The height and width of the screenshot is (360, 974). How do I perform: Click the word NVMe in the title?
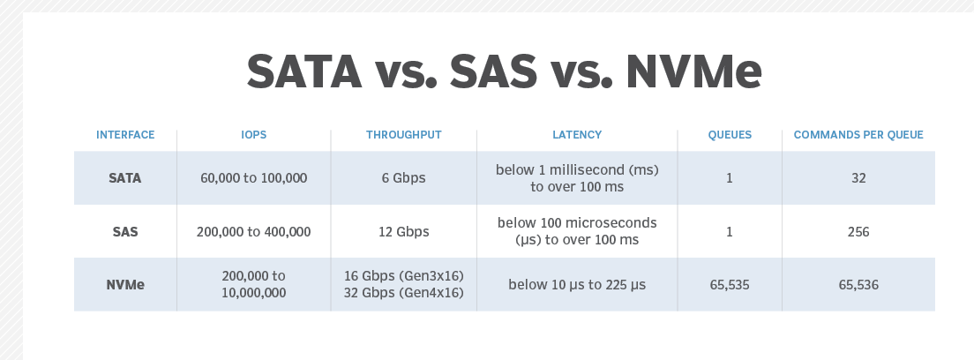click(x=693, y=71)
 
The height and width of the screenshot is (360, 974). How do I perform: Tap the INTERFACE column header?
click(x=125, y=135)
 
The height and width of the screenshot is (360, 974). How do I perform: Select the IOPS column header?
click(x=253, y=135)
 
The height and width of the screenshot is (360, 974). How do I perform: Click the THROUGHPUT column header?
click(x=404, y=135)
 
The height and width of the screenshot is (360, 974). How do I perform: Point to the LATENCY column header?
click(x=577, y=135)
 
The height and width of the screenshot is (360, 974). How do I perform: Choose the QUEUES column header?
click(x=730, y=135)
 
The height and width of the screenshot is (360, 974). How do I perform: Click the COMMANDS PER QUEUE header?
click(x=858, y=135)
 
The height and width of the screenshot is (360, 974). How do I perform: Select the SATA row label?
click(x=125, y=178)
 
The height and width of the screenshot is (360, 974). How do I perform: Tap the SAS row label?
click(x=125, y=232)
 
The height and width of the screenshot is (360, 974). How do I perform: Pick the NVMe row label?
click(x=125, y=285)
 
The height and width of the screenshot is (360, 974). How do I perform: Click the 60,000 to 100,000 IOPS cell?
click(x=253, y=178)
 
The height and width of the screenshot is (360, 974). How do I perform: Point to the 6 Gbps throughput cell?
click(x=404, y=178)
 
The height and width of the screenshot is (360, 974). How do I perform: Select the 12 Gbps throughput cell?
click(x=404, y=232)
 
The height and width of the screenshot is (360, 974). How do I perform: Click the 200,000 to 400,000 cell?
click(x=253, y=232)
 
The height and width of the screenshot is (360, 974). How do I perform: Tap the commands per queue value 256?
click(x=858, y=232)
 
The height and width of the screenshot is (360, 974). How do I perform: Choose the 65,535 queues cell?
click(x=730, y=285)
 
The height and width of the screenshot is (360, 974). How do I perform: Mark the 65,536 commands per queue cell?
click(x=858, y=285)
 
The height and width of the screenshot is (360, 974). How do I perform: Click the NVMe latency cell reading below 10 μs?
click(x=577, y=285)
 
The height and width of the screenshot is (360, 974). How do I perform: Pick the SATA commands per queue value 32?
click(x=858, y=178)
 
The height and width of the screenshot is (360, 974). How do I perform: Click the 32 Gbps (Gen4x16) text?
click(x=404, y=293)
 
